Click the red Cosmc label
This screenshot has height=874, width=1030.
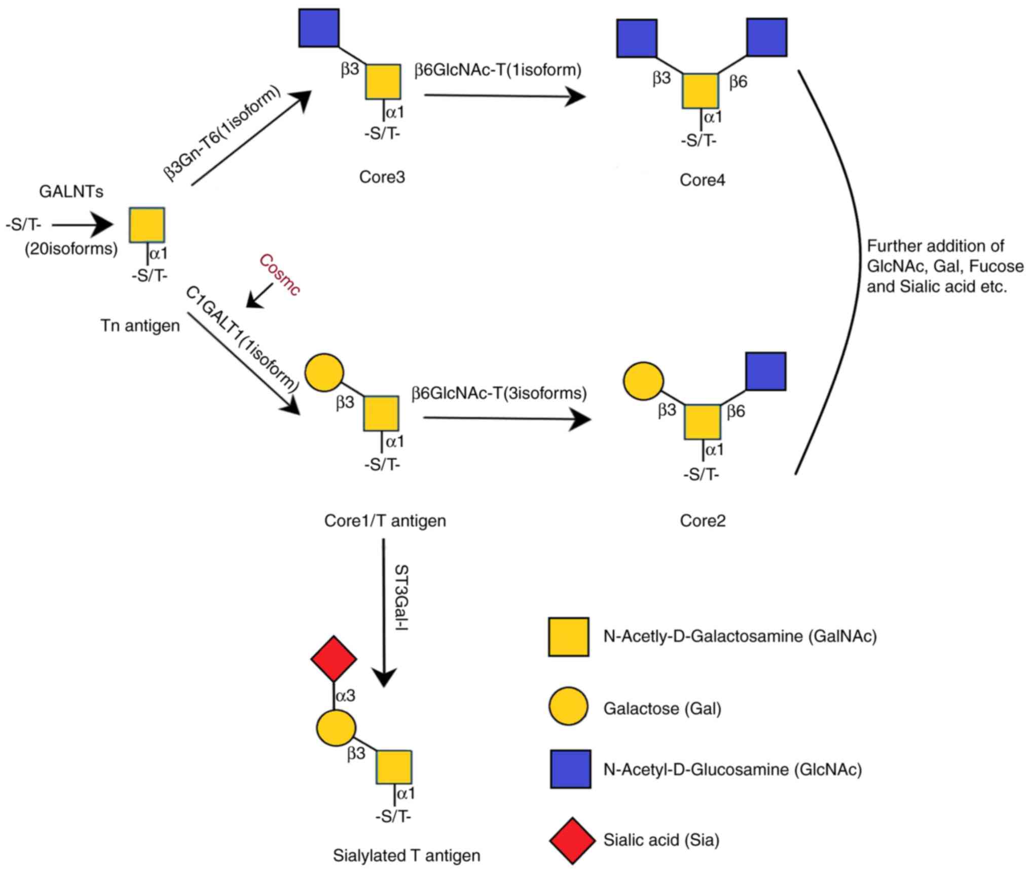tap(279, 274)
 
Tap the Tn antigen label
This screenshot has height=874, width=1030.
tap(140, 325)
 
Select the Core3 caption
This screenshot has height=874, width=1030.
tap(382, 177)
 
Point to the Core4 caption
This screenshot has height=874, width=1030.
tap(702, 180)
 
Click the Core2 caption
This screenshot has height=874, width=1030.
tap(703, 520)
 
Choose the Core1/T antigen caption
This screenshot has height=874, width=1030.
tap(385, 520)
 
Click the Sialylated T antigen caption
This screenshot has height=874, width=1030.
tap(407, 855)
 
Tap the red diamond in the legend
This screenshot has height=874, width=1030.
tap(572, 840)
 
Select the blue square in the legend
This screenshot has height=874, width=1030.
tap(571, 769)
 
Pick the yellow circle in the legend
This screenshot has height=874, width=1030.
tap(568, 707)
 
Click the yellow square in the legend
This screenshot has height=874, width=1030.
tap(568, 637)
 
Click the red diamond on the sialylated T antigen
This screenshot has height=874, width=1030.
tap(334, 658)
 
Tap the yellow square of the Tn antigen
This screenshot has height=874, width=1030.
tap(146, 225)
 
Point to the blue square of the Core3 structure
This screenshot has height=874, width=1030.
tap(319, 28)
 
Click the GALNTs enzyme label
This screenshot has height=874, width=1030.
tap(71, 192)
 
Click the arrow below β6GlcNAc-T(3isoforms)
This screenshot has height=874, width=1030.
tap(507, 419)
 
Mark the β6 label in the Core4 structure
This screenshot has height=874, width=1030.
tap(738, 82)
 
